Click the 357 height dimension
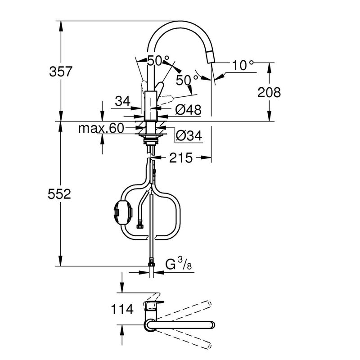coord(61,72)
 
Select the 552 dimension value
coord(59,194)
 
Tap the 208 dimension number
coord(269,92)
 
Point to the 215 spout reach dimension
coord(181,158)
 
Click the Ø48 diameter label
coord(188,109)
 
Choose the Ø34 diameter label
coord(189,135)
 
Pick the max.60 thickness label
coord(101,128)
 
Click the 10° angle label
coord(243,65)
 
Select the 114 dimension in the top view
coord(122,309)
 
